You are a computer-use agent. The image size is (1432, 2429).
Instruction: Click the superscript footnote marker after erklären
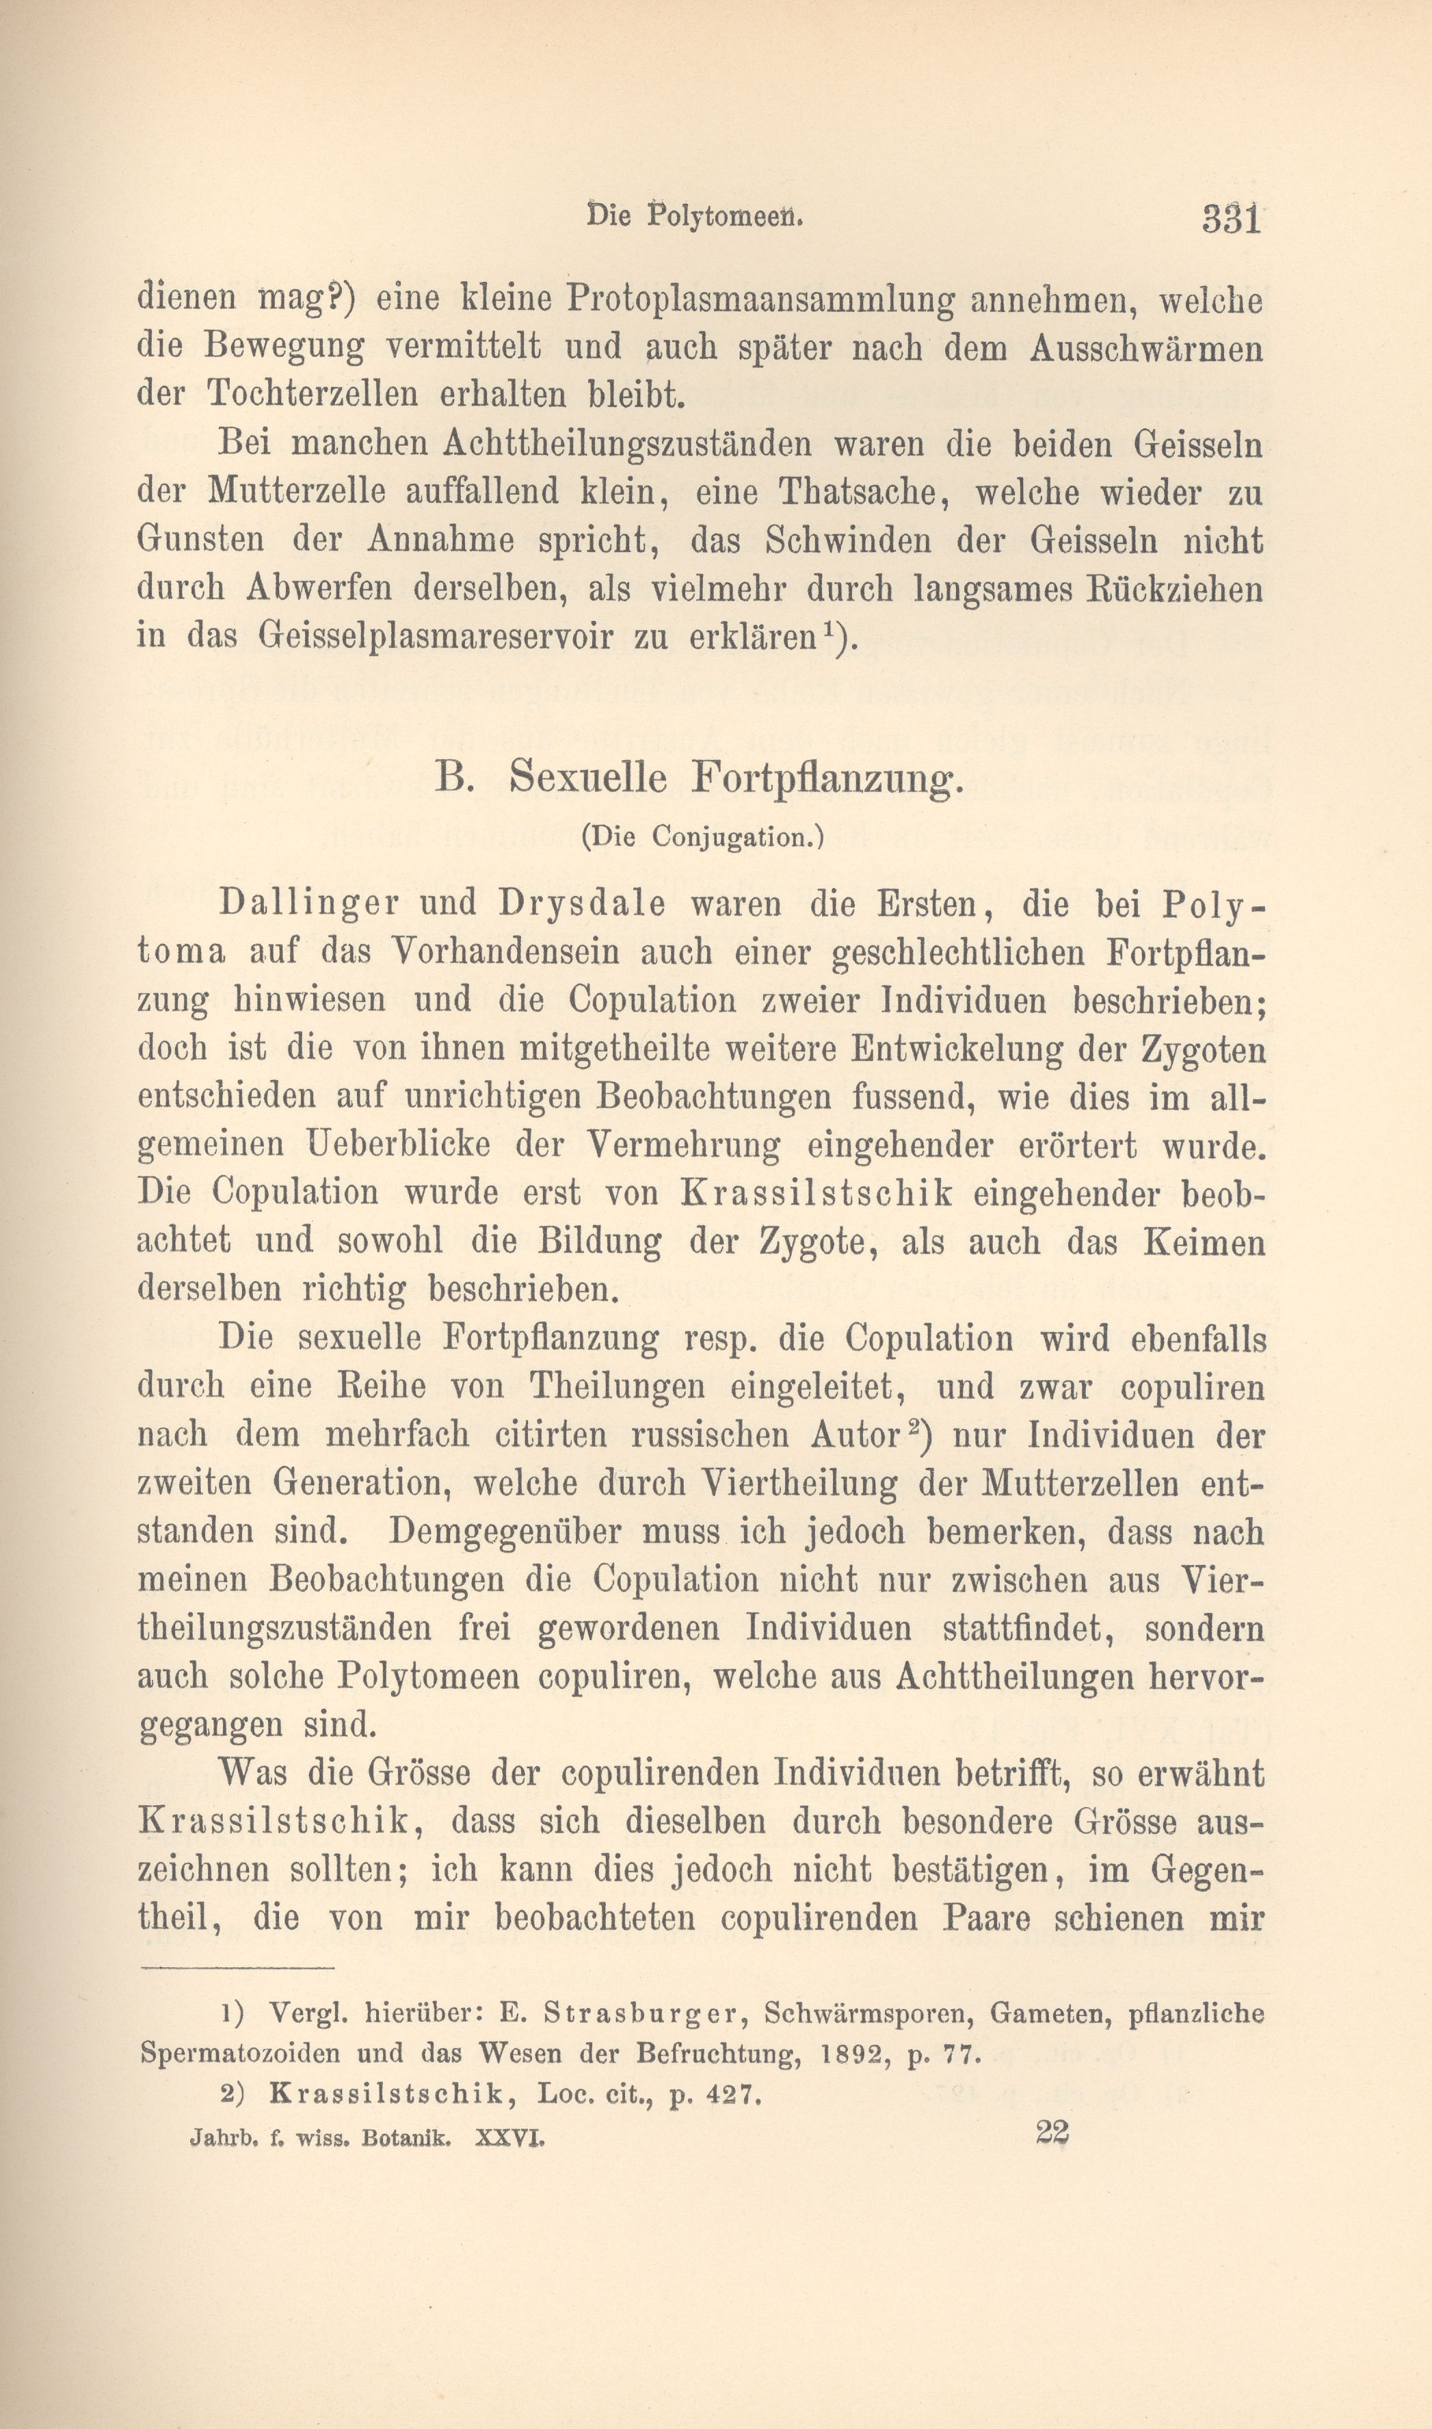(x=829, y=629)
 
